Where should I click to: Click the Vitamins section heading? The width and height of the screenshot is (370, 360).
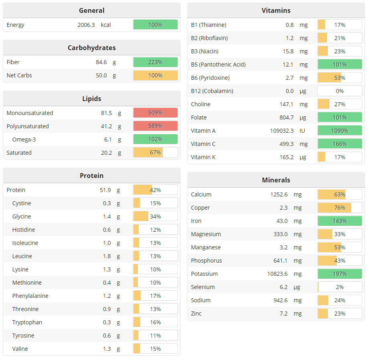tap(276, 10)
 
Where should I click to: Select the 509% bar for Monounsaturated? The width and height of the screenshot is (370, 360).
tap(155, 113)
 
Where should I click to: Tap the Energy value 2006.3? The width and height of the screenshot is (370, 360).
tap(86, 25)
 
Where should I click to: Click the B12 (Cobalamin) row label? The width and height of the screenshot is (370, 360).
tap(212, 91)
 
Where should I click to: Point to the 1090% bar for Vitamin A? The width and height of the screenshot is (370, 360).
tap(340, 131)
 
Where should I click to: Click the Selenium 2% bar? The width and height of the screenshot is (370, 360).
tap(340, 287)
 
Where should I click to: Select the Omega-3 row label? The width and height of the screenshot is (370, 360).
tap(24, 140)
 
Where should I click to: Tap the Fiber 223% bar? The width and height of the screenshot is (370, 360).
tap(155, 62)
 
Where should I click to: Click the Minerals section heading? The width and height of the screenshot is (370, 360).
tap(276, 180)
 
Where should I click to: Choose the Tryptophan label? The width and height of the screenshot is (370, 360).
tap(27, 322)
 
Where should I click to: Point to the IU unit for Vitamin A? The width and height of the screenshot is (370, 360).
tap(303, 131)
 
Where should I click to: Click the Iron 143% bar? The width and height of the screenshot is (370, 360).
tap(340, 221)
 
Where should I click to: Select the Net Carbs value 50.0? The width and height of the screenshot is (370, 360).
tap(100, 75)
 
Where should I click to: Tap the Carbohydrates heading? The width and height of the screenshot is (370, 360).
tap(91, 48)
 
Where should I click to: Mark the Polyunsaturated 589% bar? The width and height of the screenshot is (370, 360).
tap(155, 126)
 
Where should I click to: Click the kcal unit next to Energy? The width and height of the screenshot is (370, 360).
tap(106, 25)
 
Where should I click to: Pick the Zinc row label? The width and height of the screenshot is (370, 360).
tap(196, 313)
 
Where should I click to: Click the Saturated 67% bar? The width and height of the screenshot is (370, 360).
tap(155, 153)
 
